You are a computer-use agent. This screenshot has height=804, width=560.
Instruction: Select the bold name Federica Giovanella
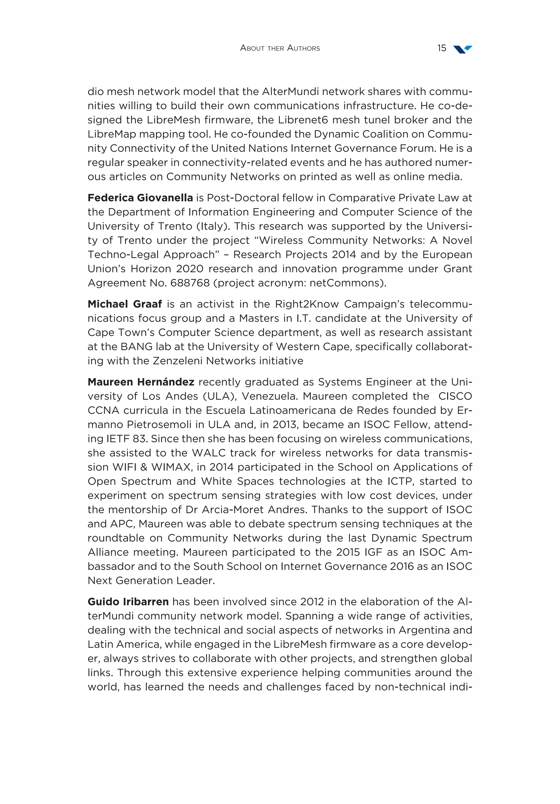click(x=140, y=198)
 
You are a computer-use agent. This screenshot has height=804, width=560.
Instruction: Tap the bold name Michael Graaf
click(x=124, y=304)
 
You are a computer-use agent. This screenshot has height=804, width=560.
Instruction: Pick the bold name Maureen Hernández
click(x=141, y=382)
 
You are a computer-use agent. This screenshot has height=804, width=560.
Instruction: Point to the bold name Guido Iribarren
click(x=128, y=602)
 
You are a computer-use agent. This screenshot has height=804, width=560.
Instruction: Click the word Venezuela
click(x=269, y=396)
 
